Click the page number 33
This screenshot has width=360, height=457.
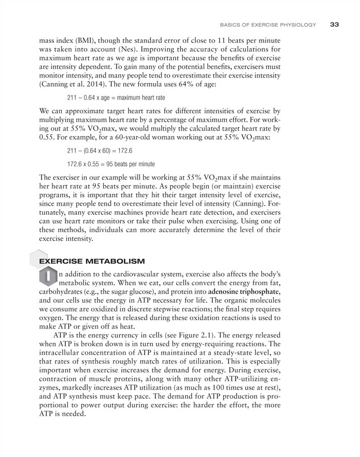(335, 24)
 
